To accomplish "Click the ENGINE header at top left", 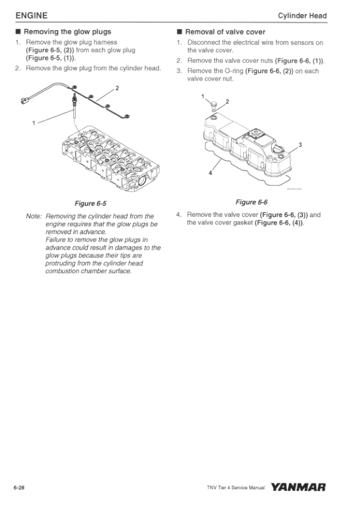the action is tap(31, 16).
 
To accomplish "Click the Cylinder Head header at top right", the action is tap(302, 16).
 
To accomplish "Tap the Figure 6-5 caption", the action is tap(90, 204).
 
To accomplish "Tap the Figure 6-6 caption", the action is tap(252, 203).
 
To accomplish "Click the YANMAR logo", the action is tap(298, 487).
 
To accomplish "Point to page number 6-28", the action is tap(19, 488).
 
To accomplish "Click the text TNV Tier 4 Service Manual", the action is tap(235, 488).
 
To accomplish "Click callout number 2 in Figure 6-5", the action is tap(117, 88).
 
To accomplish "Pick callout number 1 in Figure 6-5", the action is tap(33, 123).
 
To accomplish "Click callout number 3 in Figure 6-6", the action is tap(300, 144).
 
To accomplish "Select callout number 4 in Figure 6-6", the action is tap(210, 173).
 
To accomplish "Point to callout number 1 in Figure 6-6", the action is tap(203, 96).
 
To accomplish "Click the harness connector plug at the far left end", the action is tap(24, 100).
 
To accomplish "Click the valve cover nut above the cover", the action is tap(213, 105).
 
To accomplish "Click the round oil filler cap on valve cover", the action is tap(278, 150).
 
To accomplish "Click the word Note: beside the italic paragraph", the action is tap(34, 216).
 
